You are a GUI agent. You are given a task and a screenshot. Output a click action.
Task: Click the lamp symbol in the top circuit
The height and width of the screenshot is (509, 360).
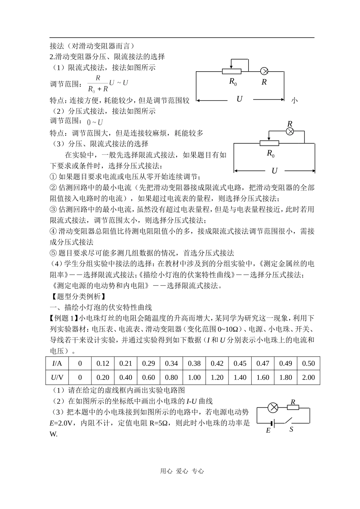pyautogui.click(x=265, y=71)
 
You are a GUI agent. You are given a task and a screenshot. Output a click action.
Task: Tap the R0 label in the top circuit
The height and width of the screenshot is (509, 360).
pyautogui.click(x=233, y=81)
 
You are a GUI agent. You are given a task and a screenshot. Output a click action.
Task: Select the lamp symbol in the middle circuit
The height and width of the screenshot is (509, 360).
pyautogui.click(x=290, y=131)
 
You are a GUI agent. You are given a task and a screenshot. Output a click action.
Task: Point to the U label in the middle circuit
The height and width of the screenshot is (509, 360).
pyautogui.click(x=274, y=171)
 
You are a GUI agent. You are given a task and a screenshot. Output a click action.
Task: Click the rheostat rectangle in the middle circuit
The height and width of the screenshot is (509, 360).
pyautogui.click(x=269, y=143)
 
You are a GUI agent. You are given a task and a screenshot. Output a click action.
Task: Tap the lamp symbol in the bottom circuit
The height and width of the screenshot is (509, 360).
pyautogui.click(x=273, y=408)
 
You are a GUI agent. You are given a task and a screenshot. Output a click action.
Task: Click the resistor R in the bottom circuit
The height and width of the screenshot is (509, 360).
pyautogui.click(x=293, y=408)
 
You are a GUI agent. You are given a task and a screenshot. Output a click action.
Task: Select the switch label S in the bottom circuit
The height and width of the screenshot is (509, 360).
pyautogui.click(x=291, y=429)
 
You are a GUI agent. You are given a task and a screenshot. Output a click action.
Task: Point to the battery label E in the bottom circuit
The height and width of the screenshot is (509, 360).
pyautogui.click(x=268, y=430)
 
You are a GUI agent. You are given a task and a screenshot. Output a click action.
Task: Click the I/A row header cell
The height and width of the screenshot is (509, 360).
pyautogui.click(x=57, y=363)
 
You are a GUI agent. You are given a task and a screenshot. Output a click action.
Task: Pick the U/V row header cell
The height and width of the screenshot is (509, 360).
pyautogui.click(x=57, y=377)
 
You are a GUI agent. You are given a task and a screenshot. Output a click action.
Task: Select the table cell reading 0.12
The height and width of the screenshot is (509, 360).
pyautogui.click(x=103, y=363)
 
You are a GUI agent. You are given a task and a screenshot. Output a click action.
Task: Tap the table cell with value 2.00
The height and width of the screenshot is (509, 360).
pyautogui.click(x=308, y=377)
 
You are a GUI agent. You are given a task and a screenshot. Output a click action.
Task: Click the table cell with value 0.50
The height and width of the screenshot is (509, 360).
pyautogui.click(x=308, y=363)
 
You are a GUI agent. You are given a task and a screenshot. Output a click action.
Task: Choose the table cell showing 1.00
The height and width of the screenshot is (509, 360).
pyautogui.click(x=194, y=377)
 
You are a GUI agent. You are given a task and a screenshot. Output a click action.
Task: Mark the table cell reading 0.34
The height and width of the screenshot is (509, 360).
pyautogui.click(x=171, y=363)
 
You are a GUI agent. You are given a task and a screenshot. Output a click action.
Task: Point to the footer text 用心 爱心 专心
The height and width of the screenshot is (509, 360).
pyautogui.click(x=182, y=471)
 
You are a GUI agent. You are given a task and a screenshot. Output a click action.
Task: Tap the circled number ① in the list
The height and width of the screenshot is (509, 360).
pyautogui.click(x=53, y=177)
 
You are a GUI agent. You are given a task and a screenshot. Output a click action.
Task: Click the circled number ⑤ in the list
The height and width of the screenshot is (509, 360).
pyautogui.click(x=53, y=253)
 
